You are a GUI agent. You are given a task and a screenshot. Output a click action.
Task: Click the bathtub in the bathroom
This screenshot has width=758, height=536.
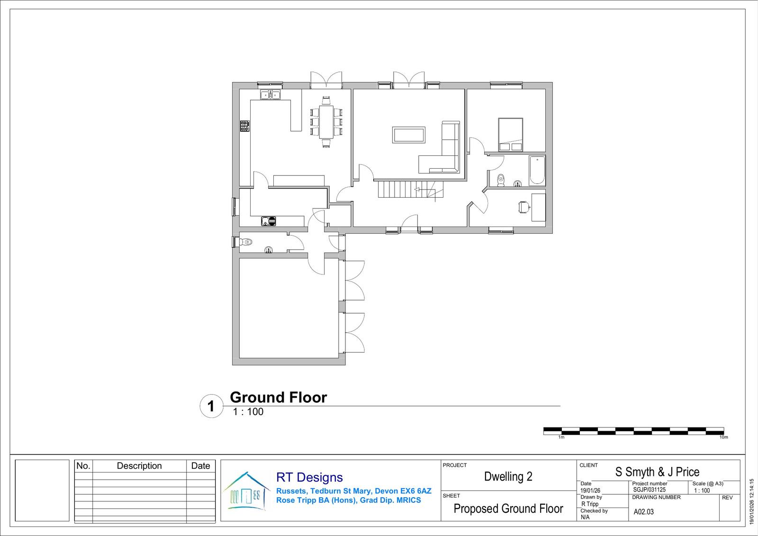[x=537, y=170]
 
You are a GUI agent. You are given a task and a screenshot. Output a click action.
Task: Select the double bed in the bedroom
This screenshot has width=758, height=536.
[x=511, y=135]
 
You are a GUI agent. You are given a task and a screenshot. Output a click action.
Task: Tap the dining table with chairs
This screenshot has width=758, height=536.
[x=326, y=122]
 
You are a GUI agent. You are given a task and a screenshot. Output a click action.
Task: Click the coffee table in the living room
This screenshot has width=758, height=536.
[x=409, y=135]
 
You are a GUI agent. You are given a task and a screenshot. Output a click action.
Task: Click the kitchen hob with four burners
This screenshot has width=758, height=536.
[x=245, y=126]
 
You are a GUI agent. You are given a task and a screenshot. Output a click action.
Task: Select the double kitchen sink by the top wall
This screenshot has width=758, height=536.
[x=271, y=94]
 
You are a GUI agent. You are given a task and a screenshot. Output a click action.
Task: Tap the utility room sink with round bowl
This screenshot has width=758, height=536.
[x=268, y=221]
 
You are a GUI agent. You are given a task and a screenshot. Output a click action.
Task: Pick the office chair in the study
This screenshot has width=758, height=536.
[x=523, y=207]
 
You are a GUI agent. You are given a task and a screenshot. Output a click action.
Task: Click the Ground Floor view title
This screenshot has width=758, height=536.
[x=279, y=398]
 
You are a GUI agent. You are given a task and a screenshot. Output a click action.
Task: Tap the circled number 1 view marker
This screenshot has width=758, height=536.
[x=211, y=406]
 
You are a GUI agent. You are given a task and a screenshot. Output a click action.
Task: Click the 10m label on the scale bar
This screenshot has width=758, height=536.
[x=723, y=437]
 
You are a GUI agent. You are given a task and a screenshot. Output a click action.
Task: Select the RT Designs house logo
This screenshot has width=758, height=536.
[x=247, y=491]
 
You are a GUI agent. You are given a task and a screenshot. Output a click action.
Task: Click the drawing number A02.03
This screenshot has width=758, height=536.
[x=643, y=512]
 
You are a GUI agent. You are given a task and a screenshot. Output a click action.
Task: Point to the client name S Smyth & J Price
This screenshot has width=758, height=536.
[x=657, y=472]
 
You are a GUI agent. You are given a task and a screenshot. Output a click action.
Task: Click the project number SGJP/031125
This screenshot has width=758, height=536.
[x=649, y=490]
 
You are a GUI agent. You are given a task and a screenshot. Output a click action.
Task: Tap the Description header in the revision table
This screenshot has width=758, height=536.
[x=139, y=465]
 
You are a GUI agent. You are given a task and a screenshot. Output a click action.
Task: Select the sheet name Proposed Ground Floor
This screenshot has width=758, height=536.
[x=508, y=509]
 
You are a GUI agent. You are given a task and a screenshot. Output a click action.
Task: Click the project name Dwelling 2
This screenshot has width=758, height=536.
[x=508, y=476]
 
